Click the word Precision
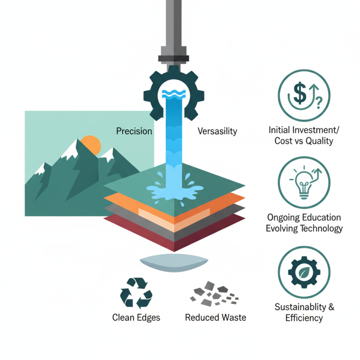click(134, 131)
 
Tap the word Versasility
click(217, 131)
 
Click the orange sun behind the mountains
click(92, 145)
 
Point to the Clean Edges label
click(136, 318)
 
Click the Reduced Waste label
click(216, 318)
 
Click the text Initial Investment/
click(304, 130)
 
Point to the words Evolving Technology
click(304, 228)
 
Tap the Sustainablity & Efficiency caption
click(304, 312)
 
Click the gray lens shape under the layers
click(174, 263)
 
